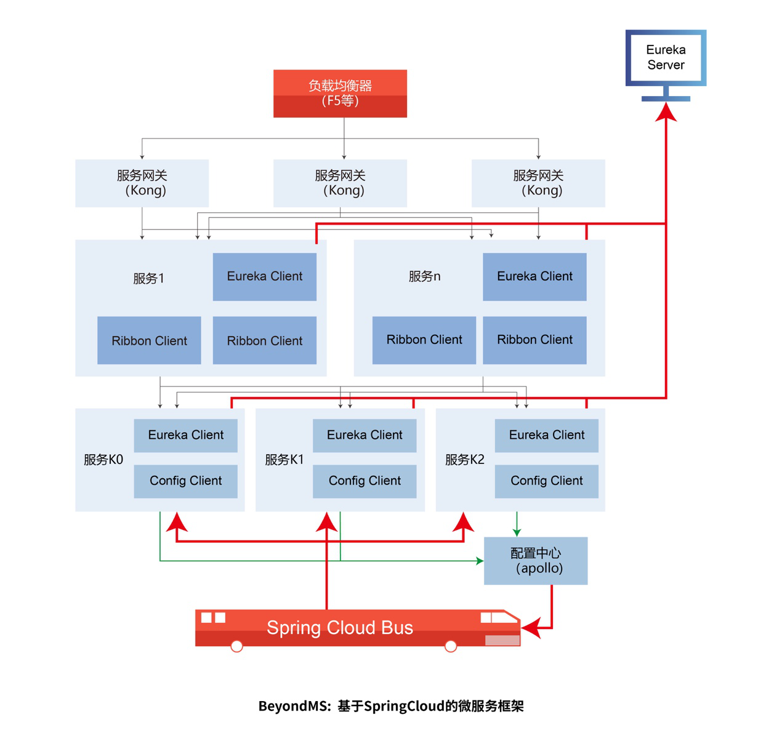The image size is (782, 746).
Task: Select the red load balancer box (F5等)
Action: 340,94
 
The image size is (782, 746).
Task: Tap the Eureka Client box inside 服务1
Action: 265,277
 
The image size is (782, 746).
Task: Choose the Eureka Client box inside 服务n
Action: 534,277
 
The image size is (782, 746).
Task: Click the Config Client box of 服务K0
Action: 186,481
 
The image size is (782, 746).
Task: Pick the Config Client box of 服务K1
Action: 365,481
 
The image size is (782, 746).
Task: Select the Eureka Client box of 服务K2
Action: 547,435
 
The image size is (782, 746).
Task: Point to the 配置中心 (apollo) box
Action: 536,561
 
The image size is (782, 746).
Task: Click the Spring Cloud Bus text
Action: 340,628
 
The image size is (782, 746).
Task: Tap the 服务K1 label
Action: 284,460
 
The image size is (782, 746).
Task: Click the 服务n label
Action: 424,276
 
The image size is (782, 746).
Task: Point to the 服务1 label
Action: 148,278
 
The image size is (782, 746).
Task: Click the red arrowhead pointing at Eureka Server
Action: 666,112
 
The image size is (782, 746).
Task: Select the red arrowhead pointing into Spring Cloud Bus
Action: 531,628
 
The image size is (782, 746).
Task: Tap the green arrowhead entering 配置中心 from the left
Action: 480,561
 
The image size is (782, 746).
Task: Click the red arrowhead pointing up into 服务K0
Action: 177,522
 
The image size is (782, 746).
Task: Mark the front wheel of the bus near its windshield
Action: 451,646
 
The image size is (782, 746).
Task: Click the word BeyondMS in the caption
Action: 294,706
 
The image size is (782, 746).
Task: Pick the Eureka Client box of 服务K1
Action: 365,435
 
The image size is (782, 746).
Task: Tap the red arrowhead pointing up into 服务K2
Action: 464,522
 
